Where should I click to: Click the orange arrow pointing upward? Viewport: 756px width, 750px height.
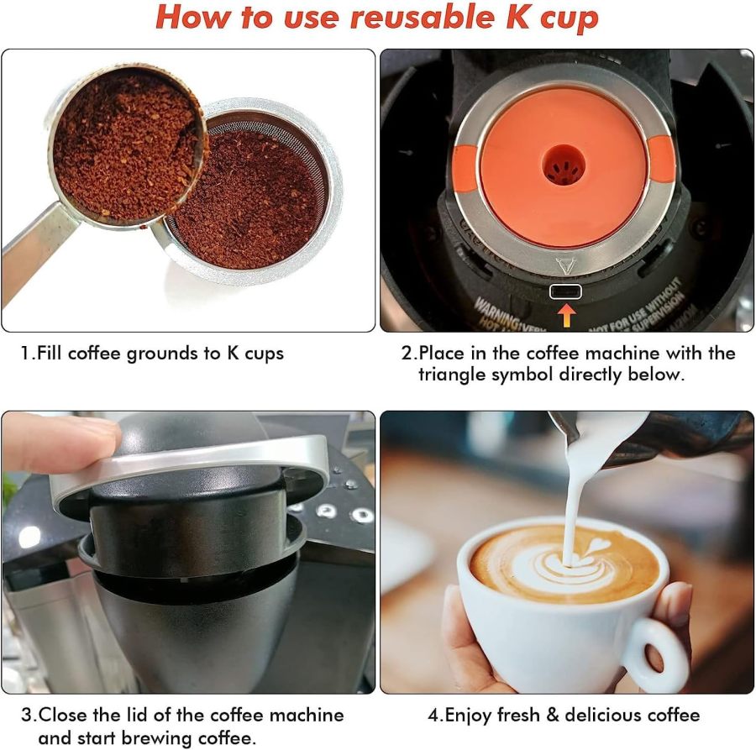coord(568,315)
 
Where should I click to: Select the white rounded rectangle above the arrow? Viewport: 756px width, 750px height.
coord(566,291)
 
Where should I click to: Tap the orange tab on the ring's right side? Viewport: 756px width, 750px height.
coord(662,160)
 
